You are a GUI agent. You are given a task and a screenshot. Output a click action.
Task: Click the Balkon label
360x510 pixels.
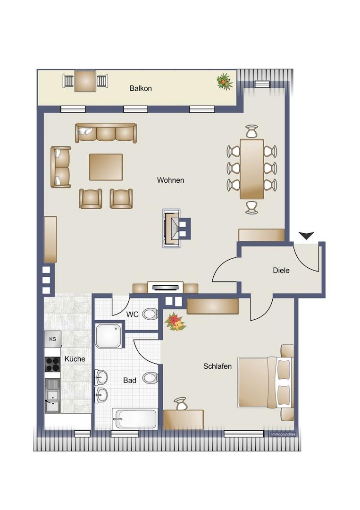tap(140, 88)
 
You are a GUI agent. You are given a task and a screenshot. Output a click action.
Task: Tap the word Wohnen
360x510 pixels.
tap(170, 180)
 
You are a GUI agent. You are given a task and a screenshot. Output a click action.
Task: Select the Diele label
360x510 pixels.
tap(281, 270)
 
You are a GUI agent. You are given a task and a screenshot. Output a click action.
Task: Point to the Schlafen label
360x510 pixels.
tap(218, 366)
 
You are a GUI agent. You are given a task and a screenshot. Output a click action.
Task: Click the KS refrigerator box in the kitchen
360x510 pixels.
tap(52, 339)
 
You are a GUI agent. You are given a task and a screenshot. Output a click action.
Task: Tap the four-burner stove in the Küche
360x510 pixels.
tap(52, 364)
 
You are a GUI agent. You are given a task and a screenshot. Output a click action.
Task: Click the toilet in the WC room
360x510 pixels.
tap(151, 314)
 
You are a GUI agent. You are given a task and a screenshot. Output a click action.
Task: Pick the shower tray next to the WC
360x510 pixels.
tap(109, 336)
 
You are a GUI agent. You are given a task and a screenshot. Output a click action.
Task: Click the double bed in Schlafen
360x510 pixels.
tap(266, 382)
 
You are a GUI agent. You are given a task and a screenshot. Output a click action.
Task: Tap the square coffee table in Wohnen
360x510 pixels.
tap(106, 167)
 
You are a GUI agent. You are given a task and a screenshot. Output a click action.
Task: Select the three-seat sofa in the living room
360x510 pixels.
tap(106, 133)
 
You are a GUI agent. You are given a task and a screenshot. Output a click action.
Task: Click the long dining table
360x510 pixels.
tap(252, 169)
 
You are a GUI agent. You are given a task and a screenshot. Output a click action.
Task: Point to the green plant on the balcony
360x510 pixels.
tap(225, 81)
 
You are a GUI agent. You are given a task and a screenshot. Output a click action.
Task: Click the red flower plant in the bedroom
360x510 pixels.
tap(175, 322)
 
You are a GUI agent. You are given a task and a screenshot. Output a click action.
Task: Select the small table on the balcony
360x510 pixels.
tap(85, 81)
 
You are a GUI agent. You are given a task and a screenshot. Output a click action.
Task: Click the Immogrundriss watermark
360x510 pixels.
tap(283, 434)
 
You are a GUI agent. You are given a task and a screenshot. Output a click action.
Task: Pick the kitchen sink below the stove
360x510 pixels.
tap(52, 396)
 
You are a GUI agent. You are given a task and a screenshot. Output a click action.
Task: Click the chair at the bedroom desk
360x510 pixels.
tap(181, 404)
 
